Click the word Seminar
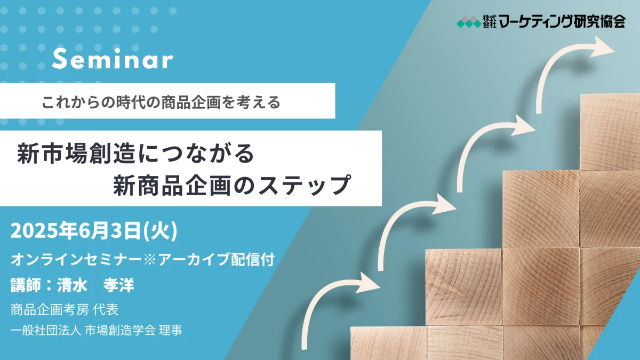113,59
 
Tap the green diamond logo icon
469,22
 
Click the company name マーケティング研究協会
562,21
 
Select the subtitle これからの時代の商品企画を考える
161,102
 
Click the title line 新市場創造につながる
135,154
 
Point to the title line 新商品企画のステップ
231,185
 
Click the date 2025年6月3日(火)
94,231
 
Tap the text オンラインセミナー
76,259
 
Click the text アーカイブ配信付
217,259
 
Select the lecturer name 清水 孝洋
95,285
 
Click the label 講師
26,285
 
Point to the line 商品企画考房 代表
65,309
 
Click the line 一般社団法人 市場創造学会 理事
97,330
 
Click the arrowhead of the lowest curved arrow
367,283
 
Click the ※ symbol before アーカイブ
150,260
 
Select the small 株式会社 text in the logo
490,21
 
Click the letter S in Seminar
59,59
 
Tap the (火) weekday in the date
160,231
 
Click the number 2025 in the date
34,231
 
